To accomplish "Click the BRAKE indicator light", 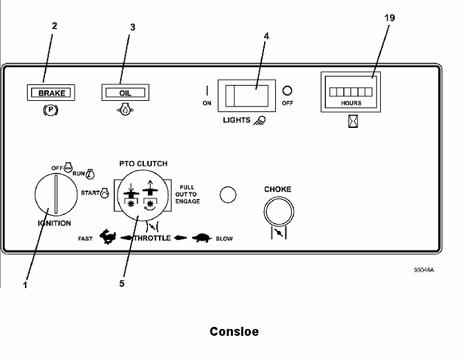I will click(x=51, y=91).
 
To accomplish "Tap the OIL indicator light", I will click(x=125, y=91).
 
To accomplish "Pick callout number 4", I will click(x=266, y=35).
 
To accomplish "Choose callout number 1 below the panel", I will click(x=25, y=284).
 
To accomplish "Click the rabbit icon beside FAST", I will click(x=108, y=238).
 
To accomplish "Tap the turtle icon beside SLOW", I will click(x=202, y=238).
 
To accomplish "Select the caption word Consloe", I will click(x=234, y=332).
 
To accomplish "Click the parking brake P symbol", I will click(x=50, y=110).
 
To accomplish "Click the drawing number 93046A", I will click(x=423, y=269).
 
